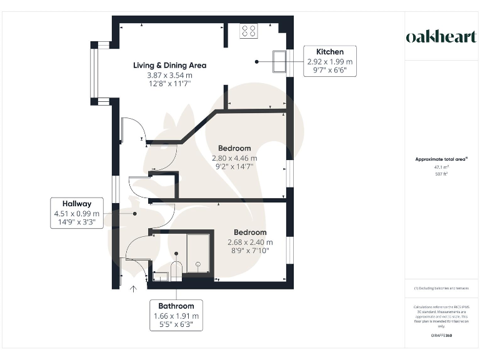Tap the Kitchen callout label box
coord(329,61)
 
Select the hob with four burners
coord(248,31)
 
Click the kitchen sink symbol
coord(279,61)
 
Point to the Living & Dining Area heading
coord(169,65)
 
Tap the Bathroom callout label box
coord(176,315)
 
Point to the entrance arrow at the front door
coord(132,289)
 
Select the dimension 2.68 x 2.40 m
coord(250,242)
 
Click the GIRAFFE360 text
coord(441,336)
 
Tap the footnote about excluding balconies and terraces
coord(441,288)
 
